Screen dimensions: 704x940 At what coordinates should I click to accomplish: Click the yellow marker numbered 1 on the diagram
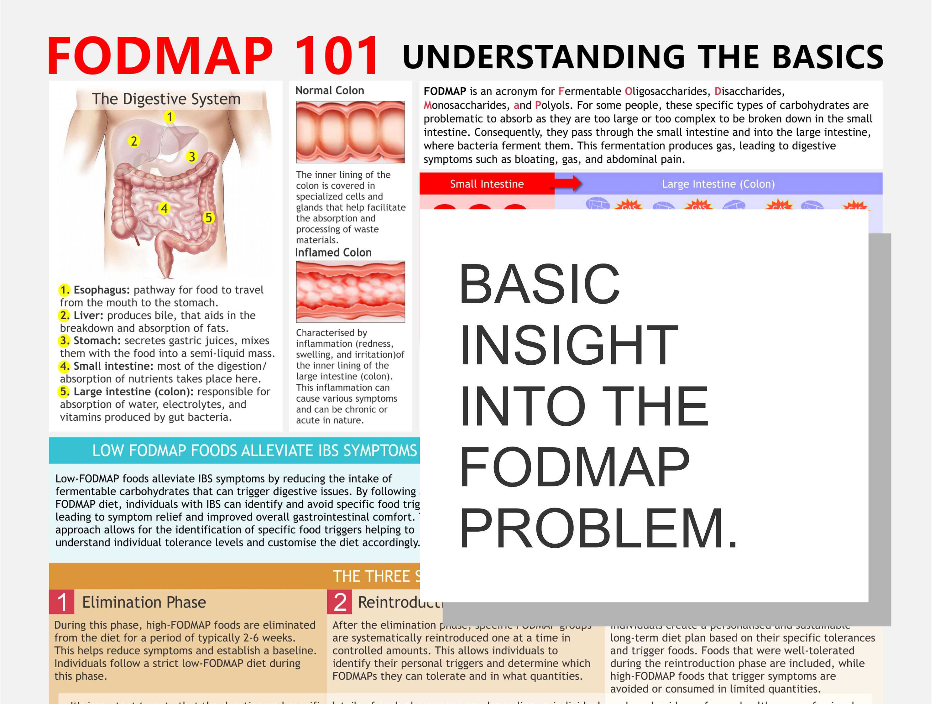coord(170,117)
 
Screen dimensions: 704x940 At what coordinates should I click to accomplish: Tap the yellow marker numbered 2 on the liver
coord(134,141)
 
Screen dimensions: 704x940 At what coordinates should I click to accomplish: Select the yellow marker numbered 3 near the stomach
coord(192,157)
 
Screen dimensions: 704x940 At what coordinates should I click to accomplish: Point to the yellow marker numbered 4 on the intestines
coord(164,208)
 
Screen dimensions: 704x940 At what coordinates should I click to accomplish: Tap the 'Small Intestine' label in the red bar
coord(487,184)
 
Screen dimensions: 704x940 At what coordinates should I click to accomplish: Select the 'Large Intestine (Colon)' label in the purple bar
coord(718,184)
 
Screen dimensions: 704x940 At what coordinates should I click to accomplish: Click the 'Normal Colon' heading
coord(330,91)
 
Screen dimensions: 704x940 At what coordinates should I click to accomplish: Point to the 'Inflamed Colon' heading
coord(333,253)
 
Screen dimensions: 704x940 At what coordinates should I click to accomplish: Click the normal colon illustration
coord(350,132)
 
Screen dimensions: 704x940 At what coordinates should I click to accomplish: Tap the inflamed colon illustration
coord(350,292)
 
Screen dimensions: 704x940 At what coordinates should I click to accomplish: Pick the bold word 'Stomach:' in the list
coord(97,341)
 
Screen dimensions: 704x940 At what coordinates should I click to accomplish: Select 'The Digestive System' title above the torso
coord(166,99)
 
